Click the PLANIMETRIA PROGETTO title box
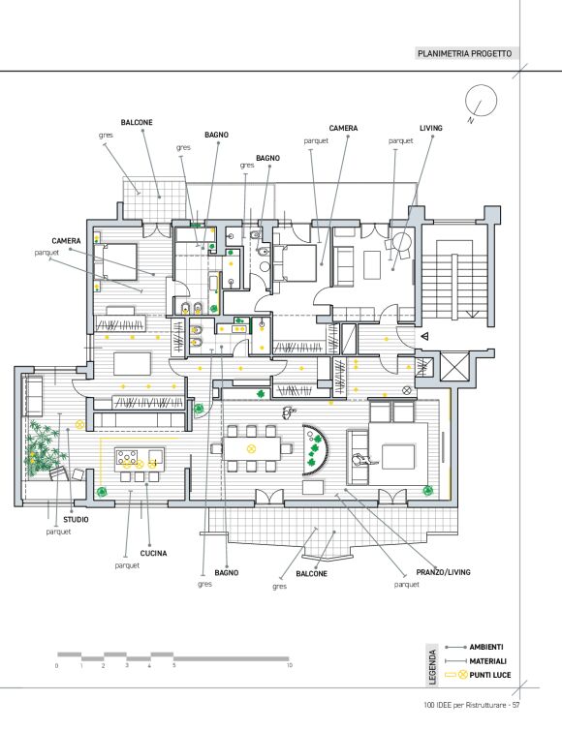point(464,53)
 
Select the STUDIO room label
point(76,519)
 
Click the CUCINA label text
point(153,553)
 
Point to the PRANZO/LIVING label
point(443,572)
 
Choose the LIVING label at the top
point(431,128)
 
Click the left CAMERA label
point(66,241)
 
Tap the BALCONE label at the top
point(137,122)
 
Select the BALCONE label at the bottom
point(312,573)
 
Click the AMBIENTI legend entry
point(486,647)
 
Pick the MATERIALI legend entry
point(488,661)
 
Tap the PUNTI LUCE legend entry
point(490,675)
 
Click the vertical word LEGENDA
point(432,667)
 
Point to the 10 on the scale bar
point(290,665)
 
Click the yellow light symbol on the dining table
point(251,449)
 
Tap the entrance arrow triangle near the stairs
point(424,336)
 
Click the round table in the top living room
point(402,242)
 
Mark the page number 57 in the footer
point(515,705)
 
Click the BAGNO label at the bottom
point(227,572)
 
